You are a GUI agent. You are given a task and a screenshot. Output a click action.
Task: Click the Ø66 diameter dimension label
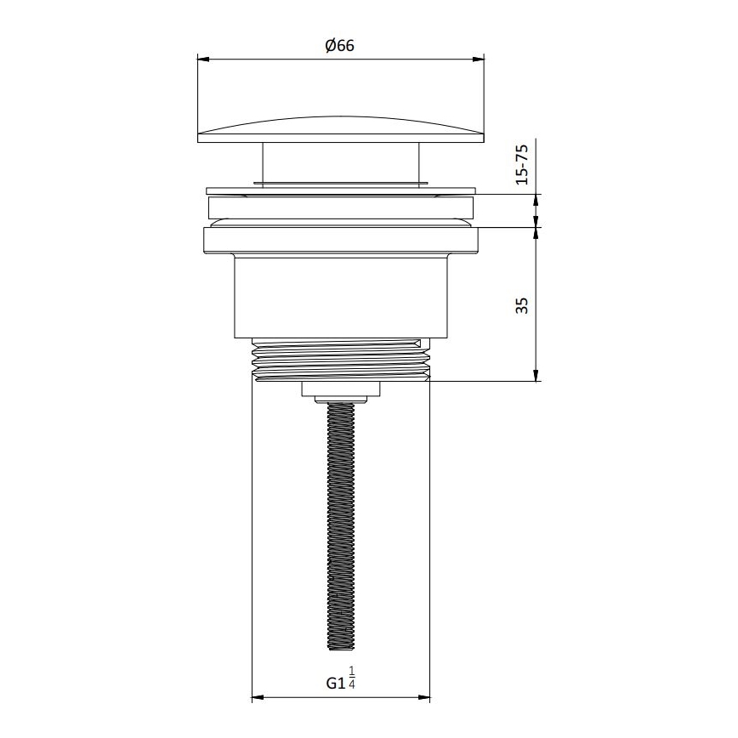pos(339,47)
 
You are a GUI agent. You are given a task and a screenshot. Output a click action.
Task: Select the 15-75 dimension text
pos(523,164)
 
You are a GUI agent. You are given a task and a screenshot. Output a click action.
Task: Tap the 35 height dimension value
pos(523,305)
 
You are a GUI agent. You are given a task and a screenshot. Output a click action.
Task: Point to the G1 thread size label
pos(336,683)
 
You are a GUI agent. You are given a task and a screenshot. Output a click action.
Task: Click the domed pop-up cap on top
pos(340,128)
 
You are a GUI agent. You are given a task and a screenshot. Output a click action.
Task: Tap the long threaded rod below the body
pos(341,527)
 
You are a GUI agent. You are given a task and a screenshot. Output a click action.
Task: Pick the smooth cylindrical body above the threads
pos(341,298)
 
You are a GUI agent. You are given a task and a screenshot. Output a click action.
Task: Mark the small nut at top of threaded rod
pos(341,396)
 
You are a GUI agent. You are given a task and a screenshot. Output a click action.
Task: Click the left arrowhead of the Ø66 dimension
pos(203,59)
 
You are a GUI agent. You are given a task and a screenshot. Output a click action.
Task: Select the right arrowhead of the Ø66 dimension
pos(479,59)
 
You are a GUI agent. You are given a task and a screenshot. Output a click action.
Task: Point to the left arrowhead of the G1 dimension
pos(258,699)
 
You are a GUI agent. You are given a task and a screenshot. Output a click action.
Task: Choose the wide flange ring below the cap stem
pos(341,191)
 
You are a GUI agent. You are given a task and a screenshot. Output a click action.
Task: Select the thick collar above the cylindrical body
pos(341,240)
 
